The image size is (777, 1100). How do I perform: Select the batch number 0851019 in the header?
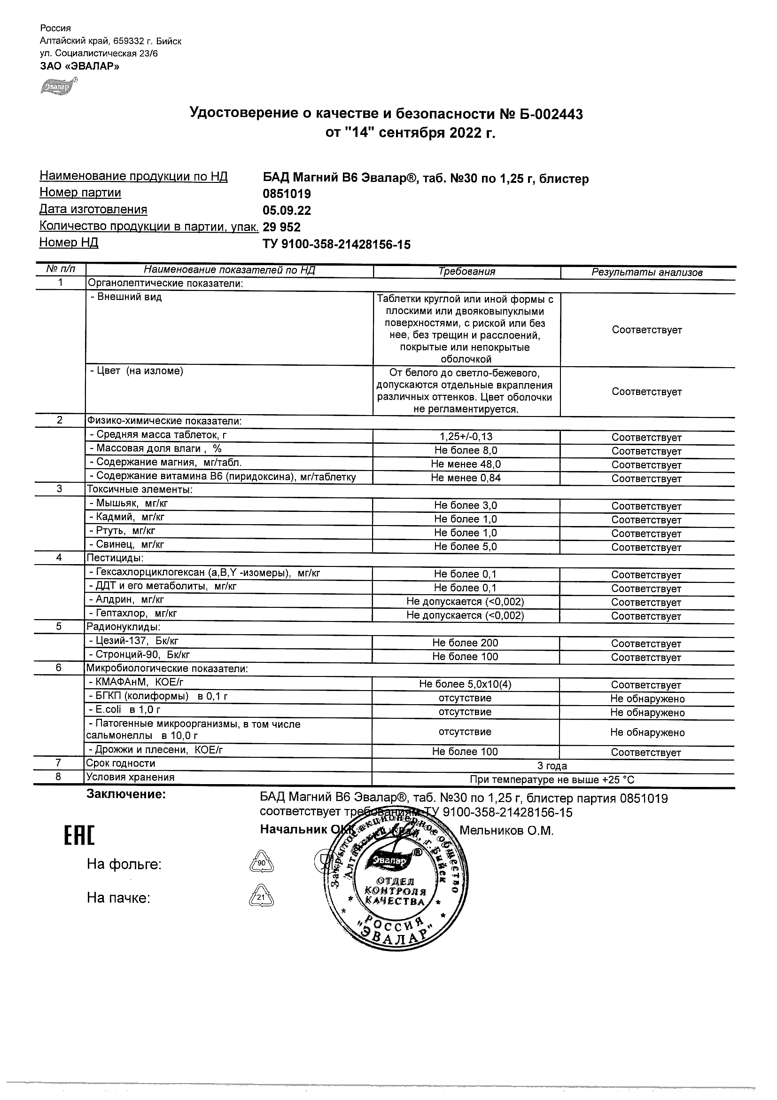287,194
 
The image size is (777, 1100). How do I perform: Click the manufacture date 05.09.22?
287,211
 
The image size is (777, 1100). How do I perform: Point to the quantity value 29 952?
281,227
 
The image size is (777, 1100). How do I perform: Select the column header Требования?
466,272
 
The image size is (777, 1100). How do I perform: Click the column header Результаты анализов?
647,273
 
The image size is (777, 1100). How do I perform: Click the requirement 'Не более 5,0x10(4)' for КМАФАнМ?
466,684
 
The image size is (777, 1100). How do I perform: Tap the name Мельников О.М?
506,831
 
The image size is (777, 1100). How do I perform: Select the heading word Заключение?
126,794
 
